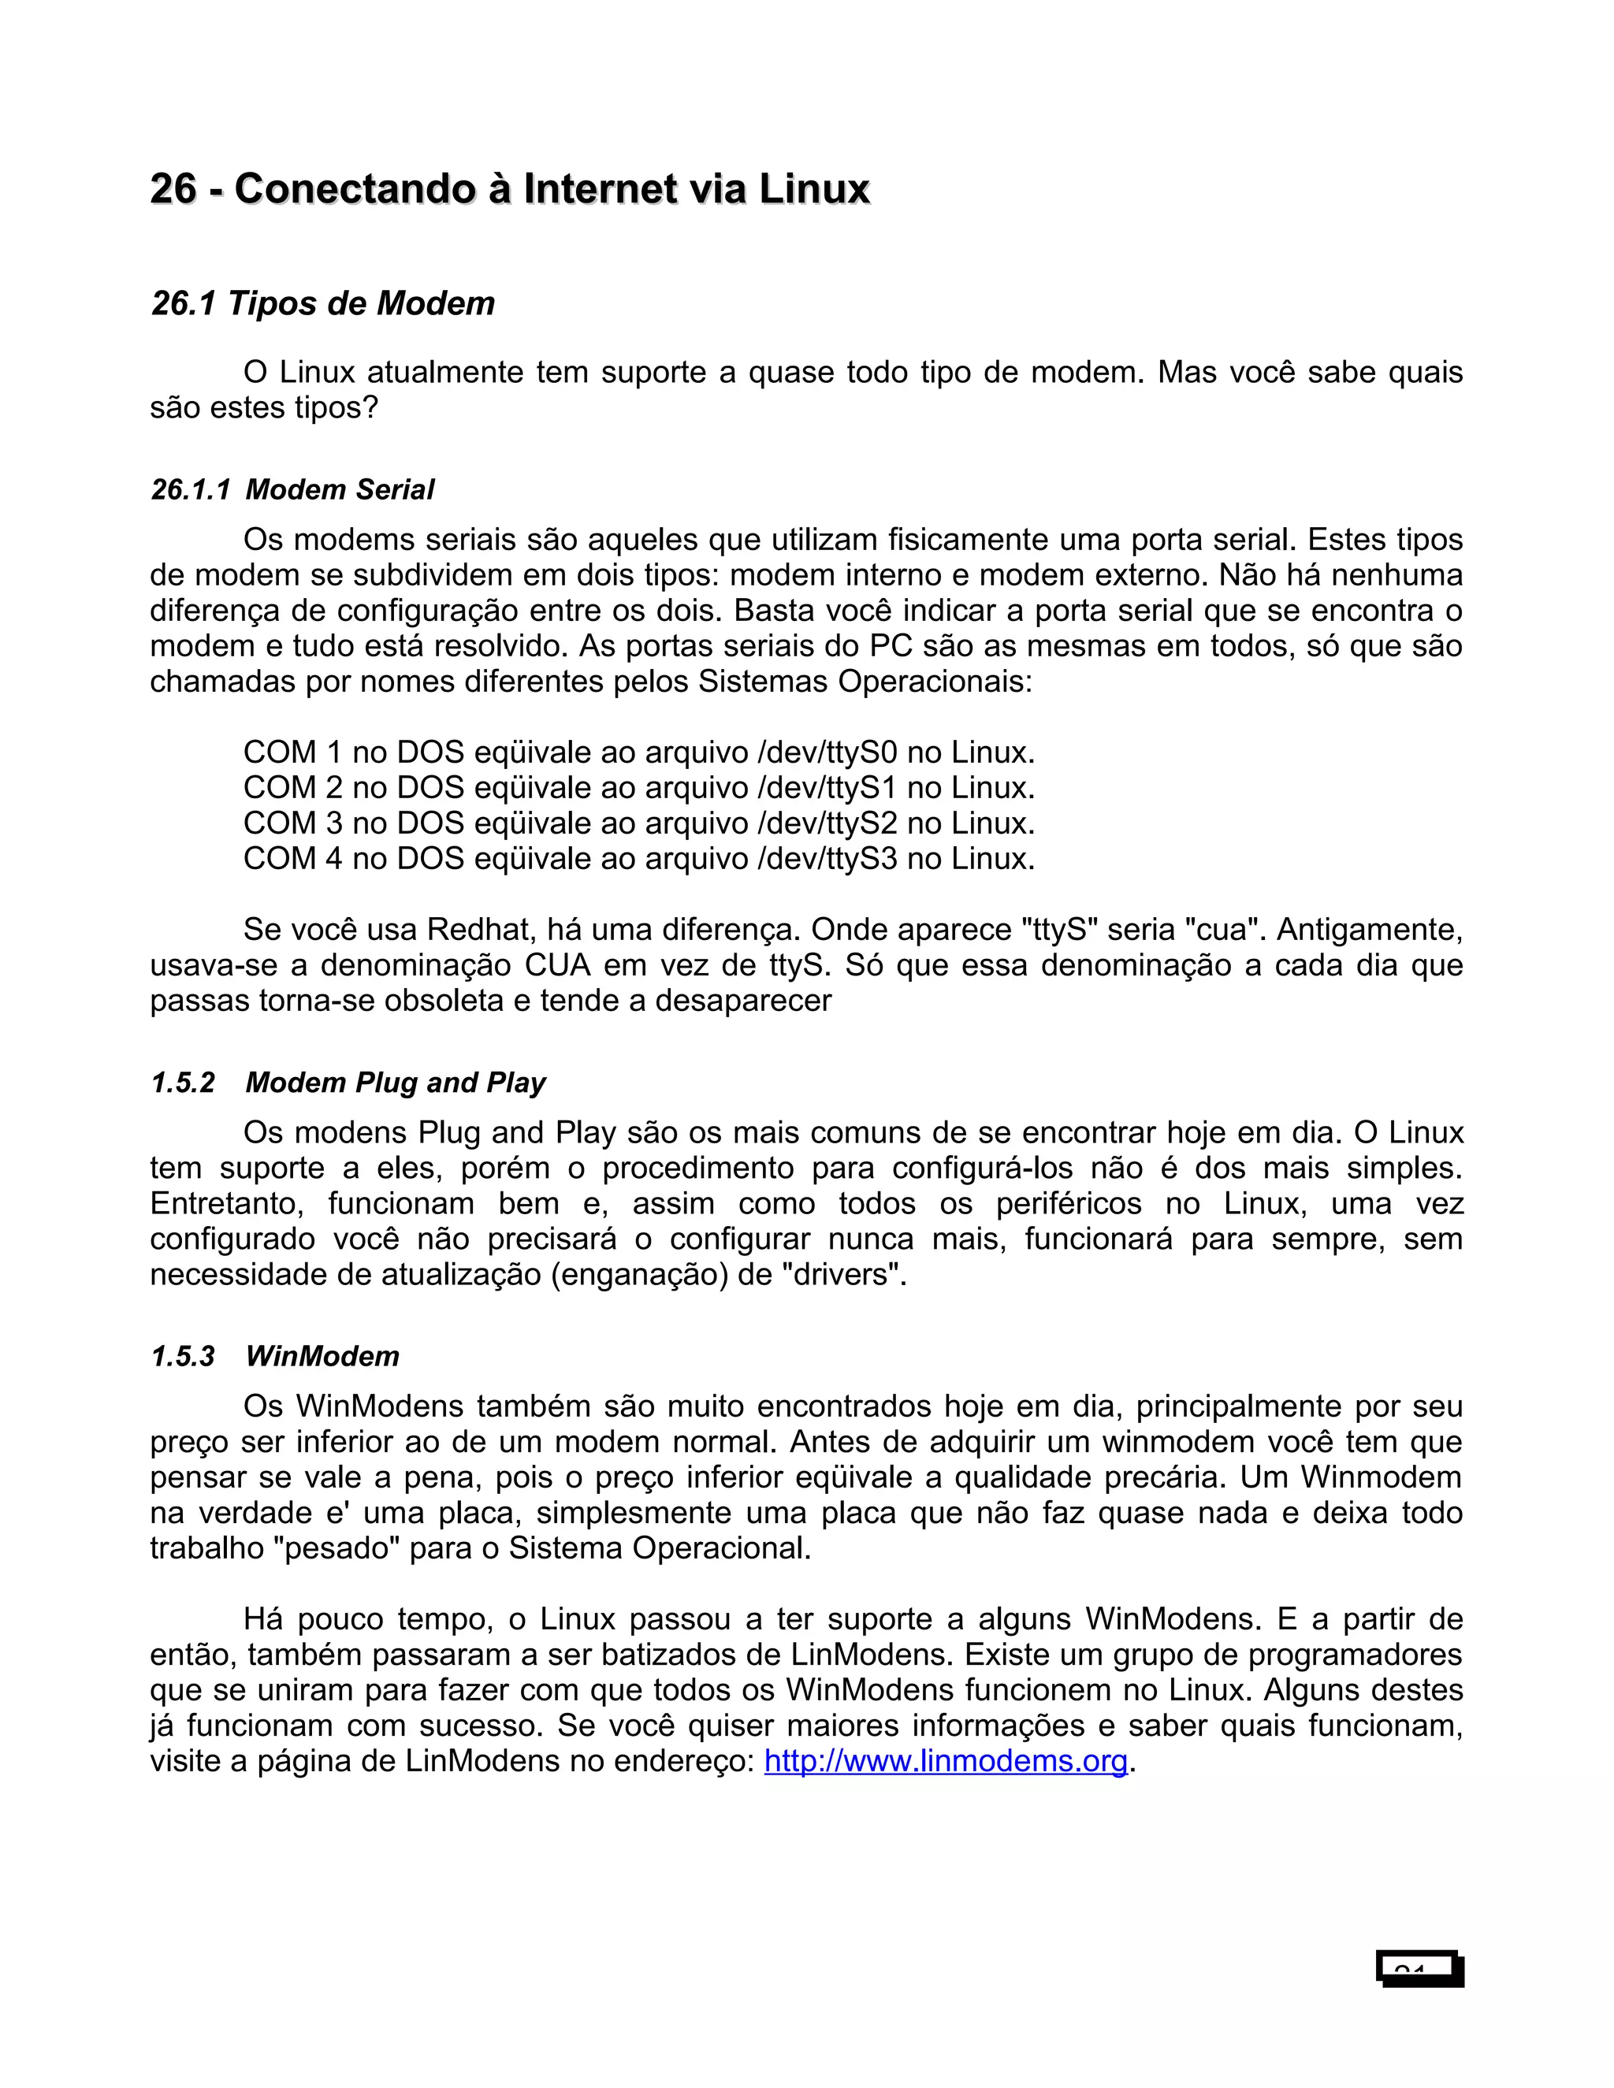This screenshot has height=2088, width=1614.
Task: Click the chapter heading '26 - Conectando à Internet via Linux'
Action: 510,189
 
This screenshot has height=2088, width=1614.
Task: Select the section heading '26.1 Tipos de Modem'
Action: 323,304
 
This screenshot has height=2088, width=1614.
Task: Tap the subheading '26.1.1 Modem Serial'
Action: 292,490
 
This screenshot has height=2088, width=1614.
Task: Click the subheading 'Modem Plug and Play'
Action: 395,1083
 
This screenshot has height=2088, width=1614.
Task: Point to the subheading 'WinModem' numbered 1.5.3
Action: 322,1356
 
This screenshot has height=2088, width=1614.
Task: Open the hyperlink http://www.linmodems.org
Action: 946,1760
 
